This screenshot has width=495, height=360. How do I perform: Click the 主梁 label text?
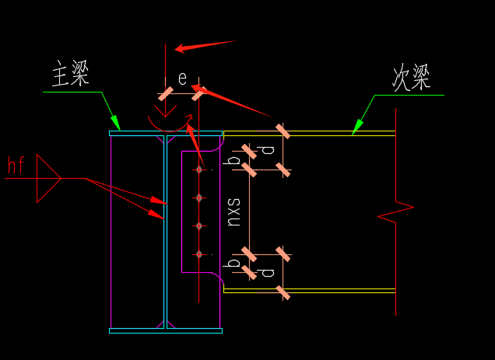pyautogui.click(x=70, y=75)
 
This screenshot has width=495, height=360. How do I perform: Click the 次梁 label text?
pyautogui.click(x=411, y=78)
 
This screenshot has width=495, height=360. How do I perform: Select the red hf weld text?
pyautogui.click(x=16, y=165)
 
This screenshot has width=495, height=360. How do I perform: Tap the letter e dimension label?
pyautogui.click(x=182, y=79)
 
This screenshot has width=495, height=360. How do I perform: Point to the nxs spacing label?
pyautogui.click(x=233, y=211)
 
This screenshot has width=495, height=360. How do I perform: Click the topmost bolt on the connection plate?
pyautogui.click(x=199, y=169)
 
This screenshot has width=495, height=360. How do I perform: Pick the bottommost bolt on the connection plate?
pyautogui.click(x=199, y=253)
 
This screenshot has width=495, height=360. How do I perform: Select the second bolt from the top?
pyautogui.click(x=199, y=197)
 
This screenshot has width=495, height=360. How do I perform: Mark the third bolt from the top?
pyautogui.click(x=199, y=225)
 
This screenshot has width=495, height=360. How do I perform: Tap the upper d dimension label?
pyautogui.click(x=267, y=149)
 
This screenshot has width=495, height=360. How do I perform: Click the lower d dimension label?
pyautogui.click(x=267, y=272)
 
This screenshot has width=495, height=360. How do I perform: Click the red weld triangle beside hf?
pyautogui.click(x=47, y=178)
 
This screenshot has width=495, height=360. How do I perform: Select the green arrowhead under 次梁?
pyautogui.click(x=358, y=126)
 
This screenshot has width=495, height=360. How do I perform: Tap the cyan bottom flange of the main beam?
pyautogui.click(x=165, y=330)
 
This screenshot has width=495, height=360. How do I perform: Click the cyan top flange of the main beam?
pyautogui.click(x=165, y=133)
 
